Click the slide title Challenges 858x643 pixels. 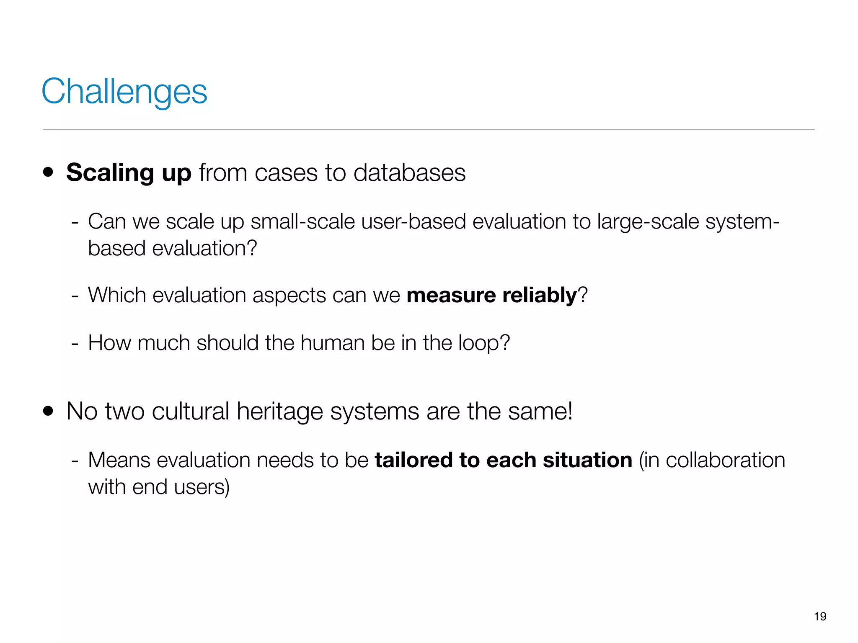click(x=124, y=92)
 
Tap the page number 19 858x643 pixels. click(x=820, y=616)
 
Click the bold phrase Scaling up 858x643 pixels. click(x=129, y=172)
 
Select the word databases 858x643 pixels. click(x=409, y=172)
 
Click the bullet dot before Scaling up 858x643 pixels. click(x=48, y=172)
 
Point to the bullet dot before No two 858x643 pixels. click(x=48, y=411)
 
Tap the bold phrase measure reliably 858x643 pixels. click(x=492, y=295)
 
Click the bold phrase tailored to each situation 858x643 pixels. click(x=503, y=460)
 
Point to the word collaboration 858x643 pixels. click(x=725, y=460)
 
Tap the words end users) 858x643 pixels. click(x=181, y=487)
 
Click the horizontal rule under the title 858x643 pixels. click(x=429, y=130)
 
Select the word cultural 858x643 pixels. click(x=190, y=411)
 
